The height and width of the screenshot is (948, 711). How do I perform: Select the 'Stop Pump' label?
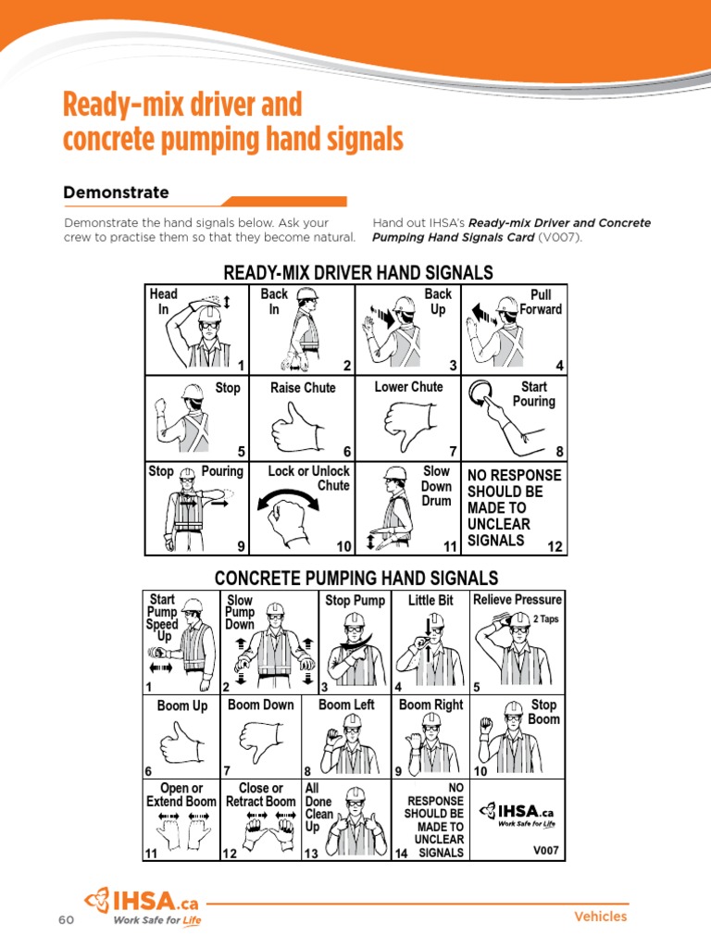click(x=355, y=601)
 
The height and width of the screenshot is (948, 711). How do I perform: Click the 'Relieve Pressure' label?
click(x=518, y=600)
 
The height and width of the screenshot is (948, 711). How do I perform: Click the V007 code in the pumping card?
click(x=545, y=849)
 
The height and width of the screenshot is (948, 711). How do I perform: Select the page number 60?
click(x=65, y=919)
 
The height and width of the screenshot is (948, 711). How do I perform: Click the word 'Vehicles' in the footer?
click(x=600, y=917)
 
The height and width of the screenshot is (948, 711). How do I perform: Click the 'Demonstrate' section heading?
click(x=116, y=193)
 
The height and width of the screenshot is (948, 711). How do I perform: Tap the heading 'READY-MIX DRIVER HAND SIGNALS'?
click(x=358, y=272)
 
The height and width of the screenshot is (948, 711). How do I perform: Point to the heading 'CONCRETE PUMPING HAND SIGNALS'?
click(x=356, y=579)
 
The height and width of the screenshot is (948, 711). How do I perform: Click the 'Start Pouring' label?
click(x=533, y=394)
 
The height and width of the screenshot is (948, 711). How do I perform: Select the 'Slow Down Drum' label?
click(x=436, y=486)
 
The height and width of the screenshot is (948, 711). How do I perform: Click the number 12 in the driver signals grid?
click(x=555, y=546)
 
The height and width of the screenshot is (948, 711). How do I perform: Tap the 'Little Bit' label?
click(x=430, y=601)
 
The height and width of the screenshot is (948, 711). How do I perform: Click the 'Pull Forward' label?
click(x=540, y=302)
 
